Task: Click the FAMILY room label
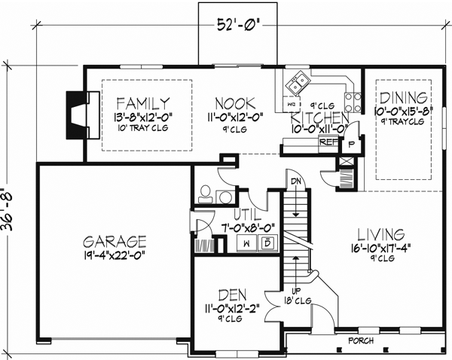[143, 102]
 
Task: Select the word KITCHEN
[319, 118]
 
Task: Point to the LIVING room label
[381, 233]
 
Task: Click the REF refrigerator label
[328, 141]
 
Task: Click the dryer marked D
[267, 243]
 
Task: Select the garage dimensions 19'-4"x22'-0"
[115, 255]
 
